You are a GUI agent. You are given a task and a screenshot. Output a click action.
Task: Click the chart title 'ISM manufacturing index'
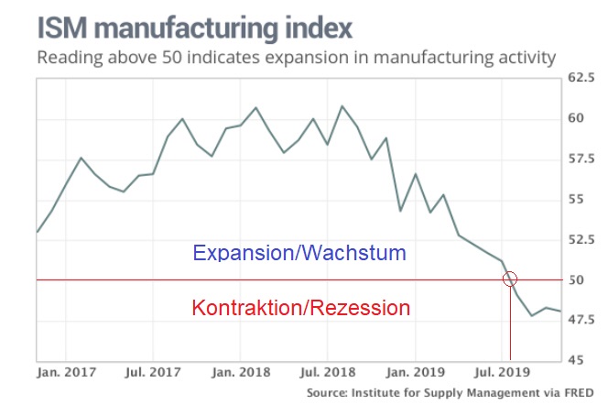click(195, 26)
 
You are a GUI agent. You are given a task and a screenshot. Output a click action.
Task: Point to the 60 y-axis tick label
click(575, 118)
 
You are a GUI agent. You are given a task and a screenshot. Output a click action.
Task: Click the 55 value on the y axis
click(575, 199)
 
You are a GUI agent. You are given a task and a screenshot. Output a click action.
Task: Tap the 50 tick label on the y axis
click(575, 279)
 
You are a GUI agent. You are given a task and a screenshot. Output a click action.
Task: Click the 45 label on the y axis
click(575, 359)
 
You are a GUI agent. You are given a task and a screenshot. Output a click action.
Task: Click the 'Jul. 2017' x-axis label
click(151, 373)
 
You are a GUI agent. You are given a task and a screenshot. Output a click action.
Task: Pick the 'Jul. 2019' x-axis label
click(502, 373)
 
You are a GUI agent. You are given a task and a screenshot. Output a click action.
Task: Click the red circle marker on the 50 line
click(511, 279)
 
